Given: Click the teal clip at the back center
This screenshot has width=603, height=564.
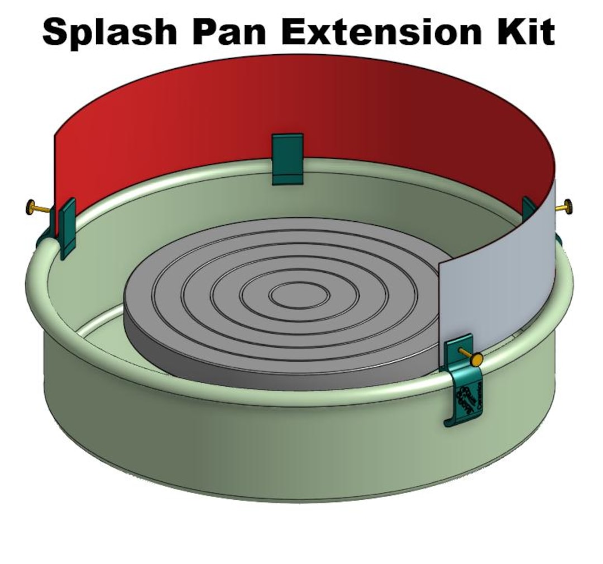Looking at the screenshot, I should coord(287,158).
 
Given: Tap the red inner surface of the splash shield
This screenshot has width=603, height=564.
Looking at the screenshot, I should coord(279,106).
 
